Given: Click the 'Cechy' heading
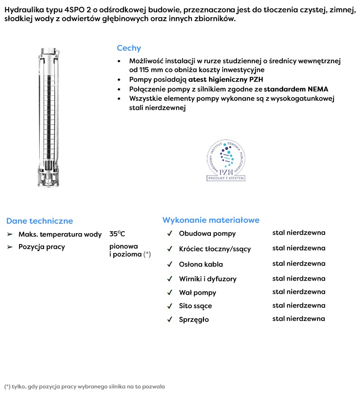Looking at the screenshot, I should (129, 49).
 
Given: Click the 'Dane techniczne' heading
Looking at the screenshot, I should (40, 221).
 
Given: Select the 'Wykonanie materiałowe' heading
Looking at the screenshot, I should (211, 220).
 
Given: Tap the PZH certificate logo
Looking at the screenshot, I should (226, 162).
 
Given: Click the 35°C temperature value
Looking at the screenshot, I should (117, 234).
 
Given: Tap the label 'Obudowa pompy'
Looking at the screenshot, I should (207, 234).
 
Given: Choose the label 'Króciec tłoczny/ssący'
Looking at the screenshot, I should (215, 249).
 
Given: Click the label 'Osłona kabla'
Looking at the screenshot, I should (201, 264).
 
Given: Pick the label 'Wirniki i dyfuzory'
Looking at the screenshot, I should (208, 279).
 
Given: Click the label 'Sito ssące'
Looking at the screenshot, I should (195, 306).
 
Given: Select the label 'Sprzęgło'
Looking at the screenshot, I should (194, 319).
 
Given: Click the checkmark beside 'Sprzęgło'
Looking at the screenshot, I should (169, 319).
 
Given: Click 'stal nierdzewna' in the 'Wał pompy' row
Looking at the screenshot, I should (299, 292).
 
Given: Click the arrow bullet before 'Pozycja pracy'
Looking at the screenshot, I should (10, 247).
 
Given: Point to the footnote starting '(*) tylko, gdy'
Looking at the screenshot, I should (84, 387).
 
